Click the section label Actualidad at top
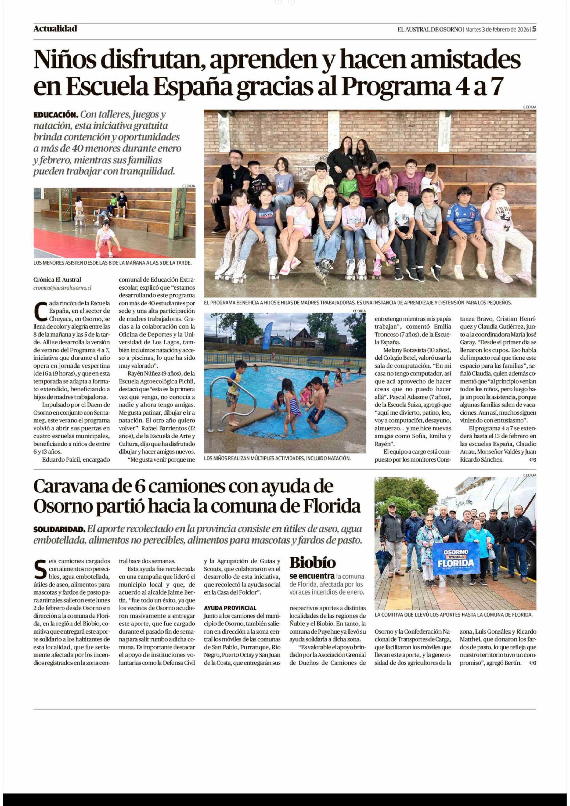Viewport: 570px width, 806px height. pyautogui.click(x=55, y=29)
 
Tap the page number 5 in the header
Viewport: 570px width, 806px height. pyautogui.click(x=534, y=29)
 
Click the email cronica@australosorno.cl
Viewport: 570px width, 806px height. pyautogui.click(x=62, y=287)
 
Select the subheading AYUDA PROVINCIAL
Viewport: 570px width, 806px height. pyautogui.click(x=230, y=608)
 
